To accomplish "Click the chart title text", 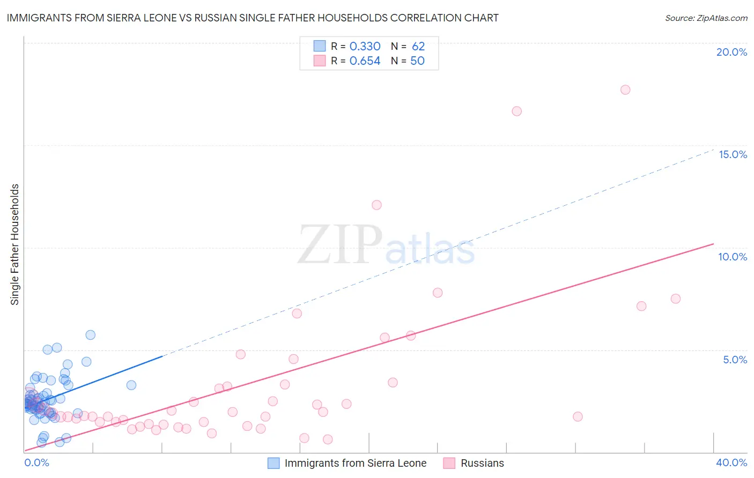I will click(x=253, y=18).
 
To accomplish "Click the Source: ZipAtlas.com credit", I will click(x=706, y=18).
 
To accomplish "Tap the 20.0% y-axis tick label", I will click(x=731, y=53).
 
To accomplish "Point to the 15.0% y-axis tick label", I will click(x=733, y=155).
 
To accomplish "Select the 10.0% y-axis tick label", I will click(x=733, y=257).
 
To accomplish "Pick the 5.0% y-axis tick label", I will click(x=735, y=360).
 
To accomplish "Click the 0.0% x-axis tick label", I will click(x=37, y=462).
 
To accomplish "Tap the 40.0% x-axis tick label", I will click(x=731, y=462).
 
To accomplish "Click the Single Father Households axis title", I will click(x=15, y=244).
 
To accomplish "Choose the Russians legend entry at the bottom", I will click(x=482, y=463).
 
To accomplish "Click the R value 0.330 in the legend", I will click(x=365, y=47).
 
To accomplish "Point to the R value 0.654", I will click(x=365, y=61).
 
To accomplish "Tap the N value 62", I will click(x=418, y=47).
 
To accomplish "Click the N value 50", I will click(x=417, y=61).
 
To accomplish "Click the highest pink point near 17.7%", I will click(x=625, y=89).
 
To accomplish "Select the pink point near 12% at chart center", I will click(x=376, y=205).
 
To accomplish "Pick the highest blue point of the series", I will click(x=91, y=335).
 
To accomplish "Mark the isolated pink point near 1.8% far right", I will click(x=578, y=416).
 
